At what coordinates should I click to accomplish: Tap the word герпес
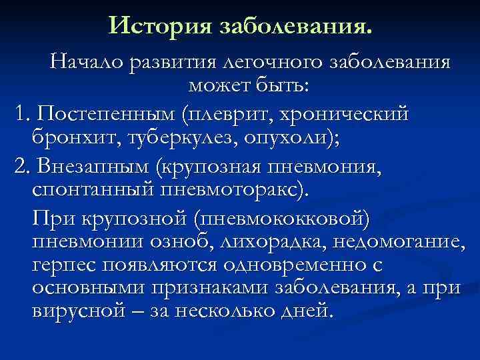(x=64, y=265)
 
